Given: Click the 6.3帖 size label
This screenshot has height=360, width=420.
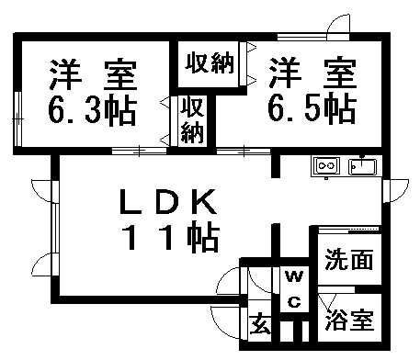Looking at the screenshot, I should click(91, 111).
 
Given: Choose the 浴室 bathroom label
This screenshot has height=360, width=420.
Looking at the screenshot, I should click(348, 323).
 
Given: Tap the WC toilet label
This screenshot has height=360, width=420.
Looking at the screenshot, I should click(293, 288).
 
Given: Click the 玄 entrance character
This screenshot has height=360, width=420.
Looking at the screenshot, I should click(260, 324).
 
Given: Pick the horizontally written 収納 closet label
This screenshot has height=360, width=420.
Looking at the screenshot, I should click(209, 64).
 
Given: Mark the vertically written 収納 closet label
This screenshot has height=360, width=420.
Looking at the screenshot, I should click(191, 119).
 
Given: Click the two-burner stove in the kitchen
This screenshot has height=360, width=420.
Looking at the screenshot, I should click(326, 166).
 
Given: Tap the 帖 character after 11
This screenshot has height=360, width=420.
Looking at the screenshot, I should click(199, 238).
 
